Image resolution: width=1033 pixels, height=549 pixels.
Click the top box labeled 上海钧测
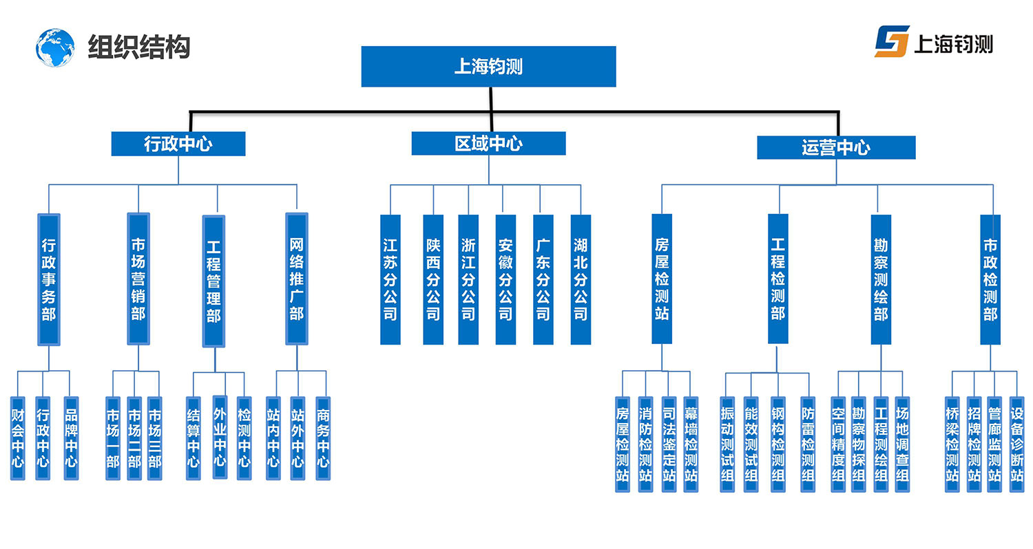point(488,67)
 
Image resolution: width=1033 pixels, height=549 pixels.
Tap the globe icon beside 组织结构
point(55,47)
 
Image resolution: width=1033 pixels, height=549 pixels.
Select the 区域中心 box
point(488,143)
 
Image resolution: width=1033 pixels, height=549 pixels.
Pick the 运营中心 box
point(836,147)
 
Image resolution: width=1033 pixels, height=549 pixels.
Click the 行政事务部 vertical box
point(48,279)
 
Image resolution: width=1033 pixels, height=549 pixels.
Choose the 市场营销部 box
point(138,279)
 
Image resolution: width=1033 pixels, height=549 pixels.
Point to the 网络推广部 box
point(296,279)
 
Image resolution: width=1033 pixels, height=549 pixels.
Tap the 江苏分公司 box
point(390,279)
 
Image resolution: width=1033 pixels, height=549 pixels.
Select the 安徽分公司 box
point(505,279)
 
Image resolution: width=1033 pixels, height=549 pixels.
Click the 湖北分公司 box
point(581,279)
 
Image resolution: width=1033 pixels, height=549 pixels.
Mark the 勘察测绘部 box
point(881,279)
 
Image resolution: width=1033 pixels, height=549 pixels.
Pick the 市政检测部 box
point(990,279)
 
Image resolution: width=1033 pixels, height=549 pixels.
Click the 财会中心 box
point(18,438)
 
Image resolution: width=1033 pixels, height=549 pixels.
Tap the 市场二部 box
point(134,438)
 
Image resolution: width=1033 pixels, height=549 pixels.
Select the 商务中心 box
point(323,438)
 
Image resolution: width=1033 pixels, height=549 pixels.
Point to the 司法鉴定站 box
point(668,444)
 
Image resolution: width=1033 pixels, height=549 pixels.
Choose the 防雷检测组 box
point(808,444)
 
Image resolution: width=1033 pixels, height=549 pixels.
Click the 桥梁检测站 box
point(952,444)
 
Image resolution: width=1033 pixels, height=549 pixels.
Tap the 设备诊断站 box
point(1016,444)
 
